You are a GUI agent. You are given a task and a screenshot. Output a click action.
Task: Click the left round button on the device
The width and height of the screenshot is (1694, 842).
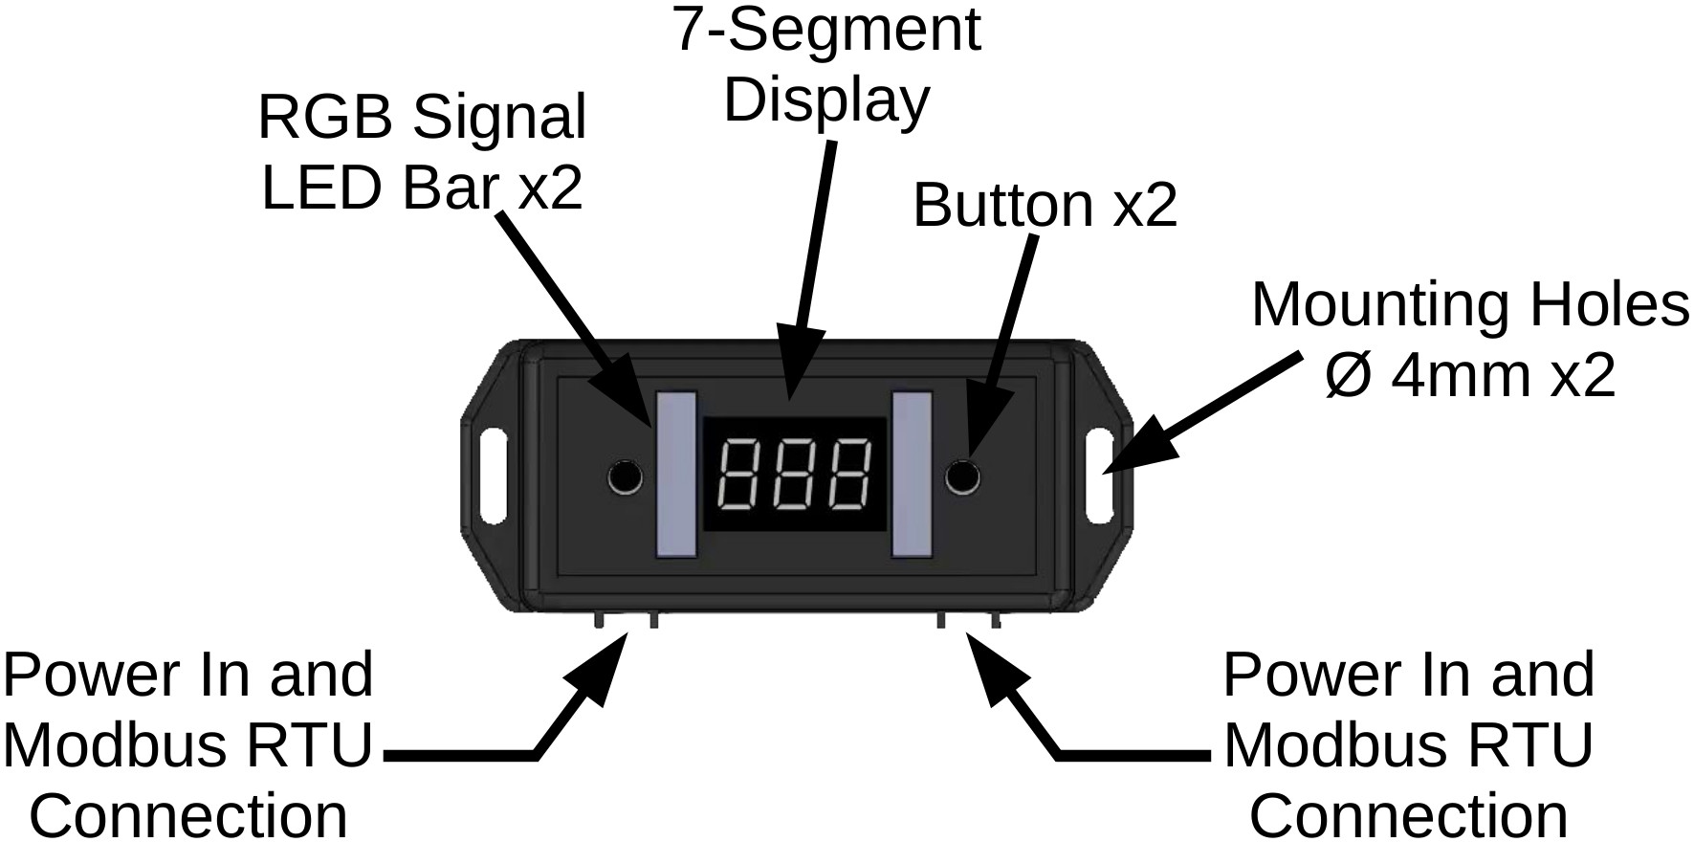[x=626, y=476]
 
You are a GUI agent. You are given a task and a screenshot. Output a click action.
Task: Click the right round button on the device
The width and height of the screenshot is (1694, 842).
[x=962, y=476]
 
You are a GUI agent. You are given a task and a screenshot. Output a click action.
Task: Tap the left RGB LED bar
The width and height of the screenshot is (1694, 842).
[x=674, y=475]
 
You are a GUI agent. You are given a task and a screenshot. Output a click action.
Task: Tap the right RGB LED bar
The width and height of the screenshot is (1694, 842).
[x=911, y=475]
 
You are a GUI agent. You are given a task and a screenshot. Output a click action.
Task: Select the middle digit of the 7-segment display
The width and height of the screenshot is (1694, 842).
[x=793, y=475]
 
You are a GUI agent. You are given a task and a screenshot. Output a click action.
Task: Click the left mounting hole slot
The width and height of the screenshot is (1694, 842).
[x=495, y=476]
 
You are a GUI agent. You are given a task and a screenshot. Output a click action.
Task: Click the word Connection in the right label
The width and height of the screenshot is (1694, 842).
[x=1408, y=815]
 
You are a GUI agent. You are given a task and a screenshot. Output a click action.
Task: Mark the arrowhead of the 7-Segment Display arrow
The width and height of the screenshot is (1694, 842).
[x=797, y=368]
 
